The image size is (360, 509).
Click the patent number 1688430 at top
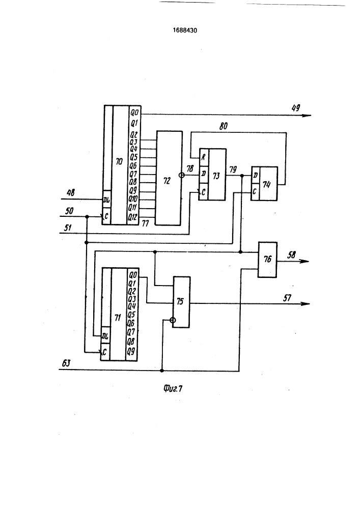pyautogui.click(x=185, y=31)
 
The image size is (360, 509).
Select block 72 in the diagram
pyautogui.click(x=169, y=178)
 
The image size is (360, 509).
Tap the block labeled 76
pyautogui.click(x=267, y=260)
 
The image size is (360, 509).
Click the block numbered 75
pyautogui.click(x=181, y=302)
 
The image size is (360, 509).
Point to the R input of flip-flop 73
pyautogui.click(x=204, y=157)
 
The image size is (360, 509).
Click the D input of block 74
pyautogui.click(x=256, y=176)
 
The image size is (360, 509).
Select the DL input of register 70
pyautogui.click(x=106, y=201)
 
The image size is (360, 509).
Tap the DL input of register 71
pyautogui.click(x=105, y=337)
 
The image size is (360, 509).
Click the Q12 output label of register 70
pyautogui.click(x=133, y=217)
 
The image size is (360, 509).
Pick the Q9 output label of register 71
pyautogui.click(x=131, y=351)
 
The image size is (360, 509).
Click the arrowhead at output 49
pyautogui.click(x=307, y=115)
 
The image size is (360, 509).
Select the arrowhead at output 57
pyautogui.click(x=306, y=303)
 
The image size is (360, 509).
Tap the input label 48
pyautogui.click(x=70, y=193)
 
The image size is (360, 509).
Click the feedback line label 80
pyautogui.click(x=224, y=126)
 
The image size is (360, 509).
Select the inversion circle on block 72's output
pyautogui.click(x=182, y=175)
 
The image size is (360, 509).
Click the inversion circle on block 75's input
pyautogui.click(x=173, y=320)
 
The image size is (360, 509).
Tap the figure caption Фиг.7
pyautogui.click(x=173, y=388)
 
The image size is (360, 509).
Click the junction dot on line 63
pyautogui.click(x=162, y=371)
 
